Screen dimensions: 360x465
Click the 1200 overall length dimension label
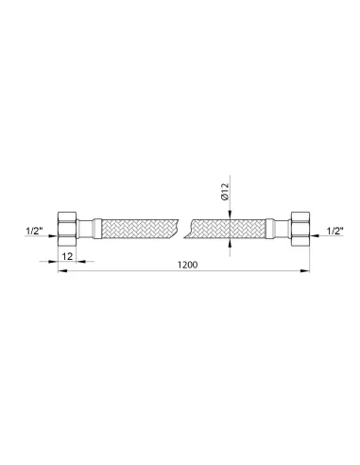pos(188,265)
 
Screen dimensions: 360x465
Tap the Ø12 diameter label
pos(225,192)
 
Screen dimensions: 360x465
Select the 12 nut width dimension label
pos(67,256)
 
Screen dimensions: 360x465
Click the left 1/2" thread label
pos(34,231)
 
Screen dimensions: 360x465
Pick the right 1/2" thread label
pos(334,232)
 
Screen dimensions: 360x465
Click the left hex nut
pos(67,229)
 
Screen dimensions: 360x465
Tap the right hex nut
pos(300,229)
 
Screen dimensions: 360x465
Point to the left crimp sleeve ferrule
pos(96,229)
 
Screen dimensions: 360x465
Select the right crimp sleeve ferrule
pos(270,229)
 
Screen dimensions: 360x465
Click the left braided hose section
pos(140,229)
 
